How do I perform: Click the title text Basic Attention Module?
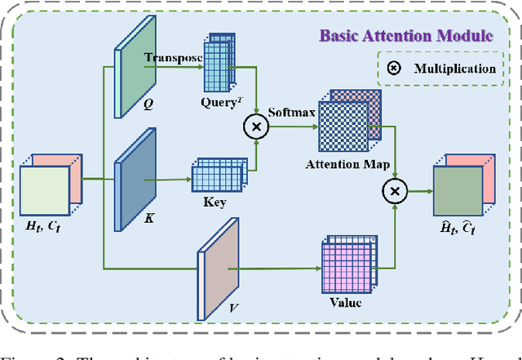click(x=405, y=36)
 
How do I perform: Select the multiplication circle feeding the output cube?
click(x=396, y=191)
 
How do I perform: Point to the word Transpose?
click(x=171, y=58)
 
